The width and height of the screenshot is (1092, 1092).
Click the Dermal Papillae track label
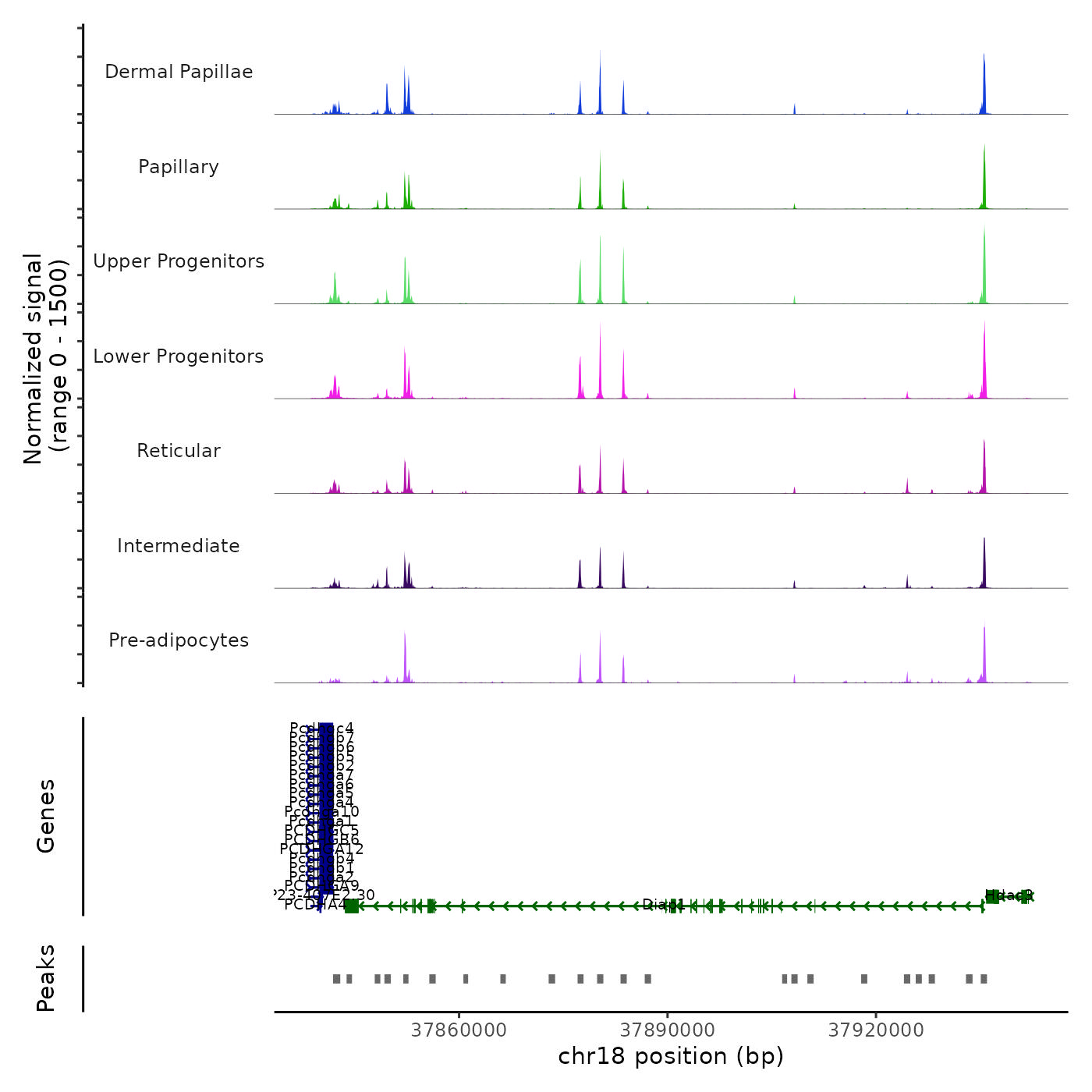[x=179, y=72]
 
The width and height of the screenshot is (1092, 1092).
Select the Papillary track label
[x=179, y=167]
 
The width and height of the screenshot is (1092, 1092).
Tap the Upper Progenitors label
[x=179, y=261]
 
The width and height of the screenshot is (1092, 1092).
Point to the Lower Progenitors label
[x=179, y=356]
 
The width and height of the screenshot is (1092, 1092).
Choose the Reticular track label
[x=179, y=451]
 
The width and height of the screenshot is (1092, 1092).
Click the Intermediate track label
[x=179, y=546]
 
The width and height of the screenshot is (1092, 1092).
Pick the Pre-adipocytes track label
[x=179, y=640]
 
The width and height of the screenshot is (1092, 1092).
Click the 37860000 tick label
[x=459, y=1030]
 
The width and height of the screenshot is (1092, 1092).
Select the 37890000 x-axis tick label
[x=667, y=1030]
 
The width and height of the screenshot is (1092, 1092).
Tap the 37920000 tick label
[x=876, y=1030]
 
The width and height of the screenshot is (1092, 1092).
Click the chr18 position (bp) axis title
[x=671, y=1056]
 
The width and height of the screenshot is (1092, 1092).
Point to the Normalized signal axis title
[x=45, y=359]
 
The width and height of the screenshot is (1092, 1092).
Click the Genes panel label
[x=46, y=816]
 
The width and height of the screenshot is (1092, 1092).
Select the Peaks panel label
[x=46, y=978]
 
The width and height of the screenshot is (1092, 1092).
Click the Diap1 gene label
[x=663, y=905]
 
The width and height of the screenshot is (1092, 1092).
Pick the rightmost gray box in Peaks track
[x=984, y=979]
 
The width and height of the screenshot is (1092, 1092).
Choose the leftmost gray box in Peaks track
[x=336, y=979]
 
